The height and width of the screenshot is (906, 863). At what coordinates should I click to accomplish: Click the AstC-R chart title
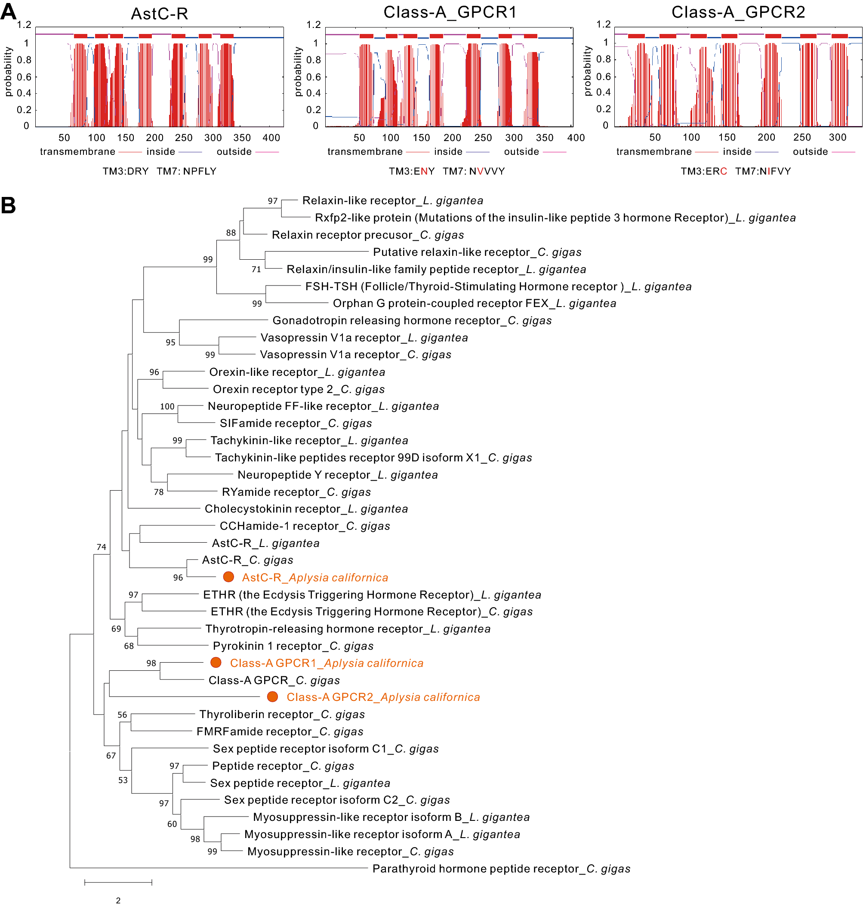tap(160, 14)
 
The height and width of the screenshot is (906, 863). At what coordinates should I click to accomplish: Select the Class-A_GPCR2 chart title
tap(738, 12)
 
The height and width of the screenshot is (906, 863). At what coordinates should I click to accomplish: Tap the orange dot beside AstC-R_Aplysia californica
tap(228, 577)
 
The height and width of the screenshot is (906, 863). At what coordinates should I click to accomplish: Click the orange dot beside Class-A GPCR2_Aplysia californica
tap(272, 697)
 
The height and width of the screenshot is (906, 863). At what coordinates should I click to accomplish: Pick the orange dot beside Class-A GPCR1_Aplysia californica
tap(216, 662)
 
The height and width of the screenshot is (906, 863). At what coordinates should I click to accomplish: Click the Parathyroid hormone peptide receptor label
tap(501, 868)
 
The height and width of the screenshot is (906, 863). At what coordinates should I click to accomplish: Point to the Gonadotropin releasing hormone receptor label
tap(412, 320)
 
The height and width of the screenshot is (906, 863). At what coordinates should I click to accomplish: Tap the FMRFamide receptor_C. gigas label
tap(280, 731)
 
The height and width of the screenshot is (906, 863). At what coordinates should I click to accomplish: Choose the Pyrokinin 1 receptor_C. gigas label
tap(293, 646)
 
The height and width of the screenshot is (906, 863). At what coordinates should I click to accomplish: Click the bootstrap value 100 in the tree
tap(167, 406)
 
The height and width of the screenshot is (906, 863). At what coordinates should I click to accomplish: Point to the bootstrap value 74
tap(101, 547)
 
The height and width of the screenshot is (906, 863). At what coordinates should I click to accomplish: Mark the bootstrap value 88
tap(231, 233)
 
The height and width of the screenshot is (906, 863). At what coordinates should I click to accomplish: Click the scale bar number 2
tap(118, 900)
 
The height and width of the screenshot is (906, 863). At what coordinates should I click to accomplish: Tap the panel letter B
tap(8, 205)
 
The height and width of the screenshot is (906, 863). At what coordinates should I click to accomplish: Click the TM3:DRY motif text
tap(126, 171)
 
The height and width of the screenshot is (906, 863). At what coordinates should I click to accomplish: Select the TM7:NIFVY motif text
tap(763, 171)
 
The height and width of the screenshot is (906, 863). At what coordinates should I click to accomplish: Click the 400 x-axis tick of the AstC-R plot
tap(271, 138)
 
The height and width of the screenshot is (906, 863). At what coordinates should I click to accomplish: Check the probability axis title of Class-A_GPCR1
tap(298, 71)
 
